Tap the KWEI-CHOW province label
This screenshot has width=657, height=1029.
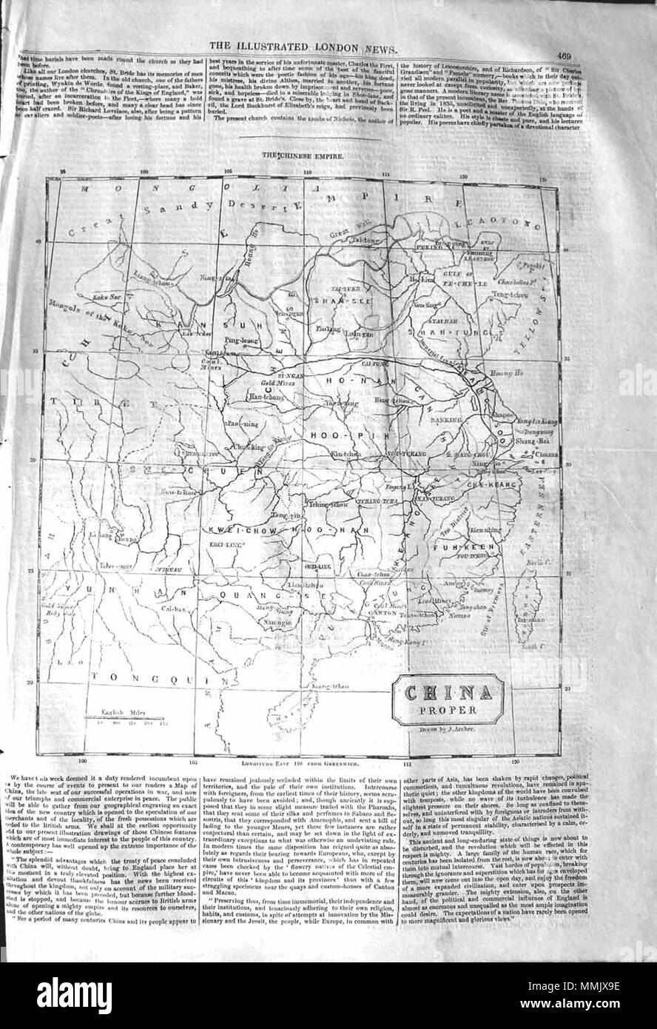click(x=237, y=532)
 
